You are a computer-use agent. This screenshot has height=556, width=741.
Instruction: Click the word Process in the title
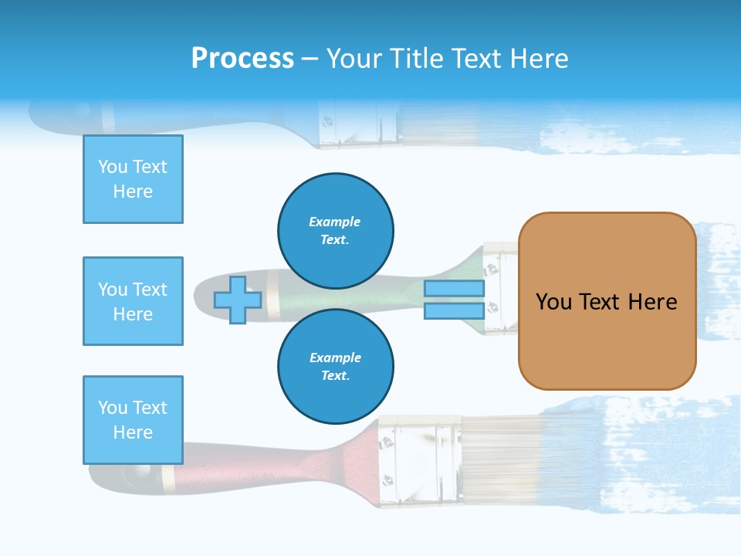tap(242, 59)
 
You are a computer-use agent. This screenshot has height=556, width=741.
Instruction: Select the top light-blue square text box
tap(133, 179)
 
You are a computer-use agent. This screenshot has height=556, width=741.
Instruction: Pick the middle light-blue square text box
tap(133, 301)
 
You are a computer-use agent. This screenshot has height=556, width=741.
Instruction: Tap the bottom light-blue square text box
tap(133, 420)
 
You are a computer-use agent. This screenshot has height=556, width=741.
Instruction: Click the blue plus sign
tap(238, 300)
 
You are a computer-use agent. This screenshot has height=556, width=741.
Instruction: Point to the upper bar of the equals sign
tap(454, 289)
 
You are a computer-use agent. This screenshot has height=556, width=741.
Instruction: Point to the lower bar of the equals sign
tap(454, 310)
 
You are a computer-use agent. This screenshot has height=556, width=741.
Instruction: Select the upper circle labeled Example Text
tap(335, 230)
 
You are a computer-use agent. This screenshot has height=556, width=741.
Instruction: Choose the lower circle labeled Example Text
tap(335, 366)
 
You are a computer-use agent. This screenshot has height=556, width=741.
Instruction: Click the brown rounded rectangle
tap(607, 301)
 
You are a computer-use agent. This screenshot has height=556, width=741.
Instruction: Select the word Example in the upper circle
tap(335, 222)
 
